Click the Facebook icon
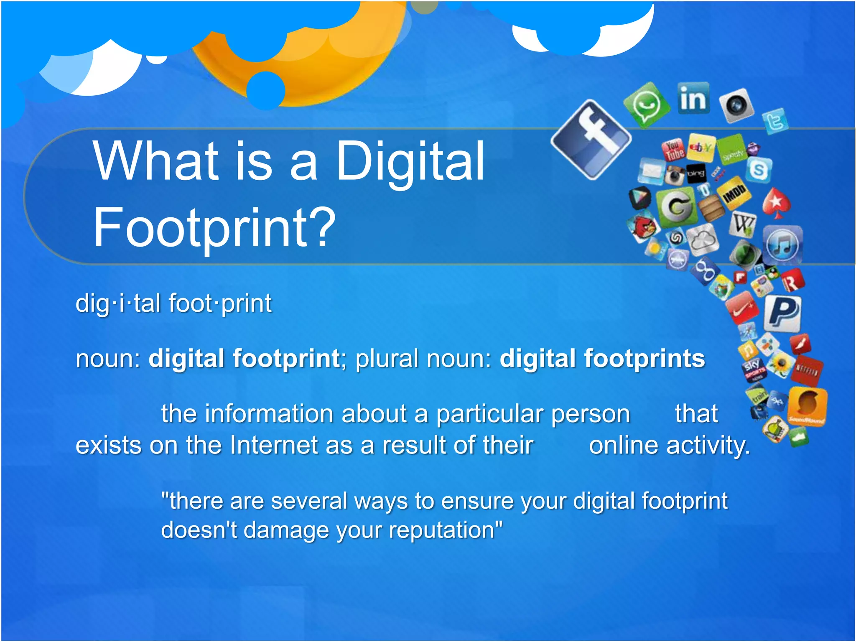point(591,140)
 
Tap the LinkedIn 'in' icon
point(693,99)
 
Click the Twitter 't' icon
point(775,121)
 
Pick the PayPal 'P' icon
point(782,313)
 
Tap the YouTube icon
point(673,150)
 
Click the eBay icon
point(701,148)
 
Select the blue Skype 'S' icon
point(758,170)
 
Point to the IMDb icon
point(734,193)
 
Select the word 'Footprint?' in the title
point(214,228)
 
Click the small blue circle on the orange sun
point(266,90)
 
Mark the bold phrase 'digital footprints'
point(602,359)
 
